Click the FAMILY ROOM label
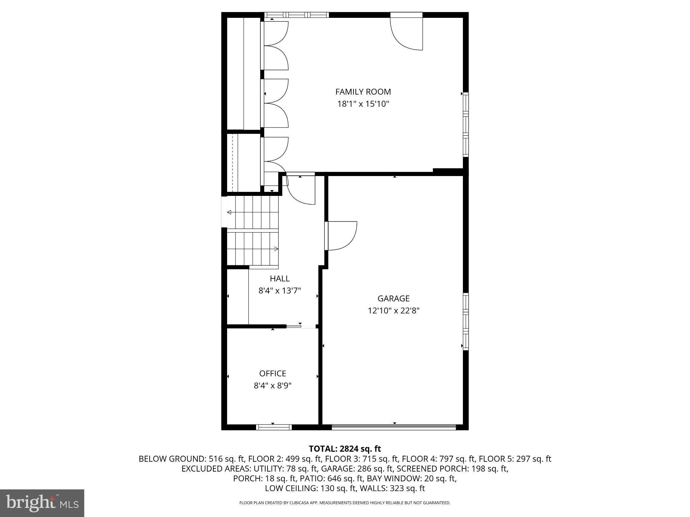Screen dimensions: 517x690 click(363, 92)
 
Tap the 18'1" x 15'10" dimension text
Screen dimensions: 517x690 click(363, 104)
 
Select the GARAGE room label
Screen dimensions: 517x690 click(393, 298)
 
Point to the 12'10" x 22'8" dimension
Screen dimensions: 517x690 click(393, 310)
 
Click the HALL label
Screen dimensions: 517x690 click(279, 278)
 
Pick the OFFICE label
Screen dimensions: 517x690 click(273, 373)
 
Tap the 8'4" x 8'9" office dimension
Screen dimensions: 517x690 click(273, 385)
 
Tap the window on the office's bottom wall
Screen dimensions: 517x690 click(274, 427)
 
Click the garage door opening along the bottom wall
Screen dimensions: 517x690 click(394, 427)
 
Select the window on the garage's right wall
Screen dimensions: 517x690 click(466, 321)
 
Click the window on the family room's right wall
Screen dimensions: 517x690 click(466, 125)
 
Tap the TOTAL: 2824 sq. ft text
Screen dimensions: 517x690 click(345, 449)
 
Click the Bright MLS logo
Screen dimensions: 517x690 click(42, 503)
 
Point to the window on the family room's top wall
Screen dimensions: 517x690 click(296, 15)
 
